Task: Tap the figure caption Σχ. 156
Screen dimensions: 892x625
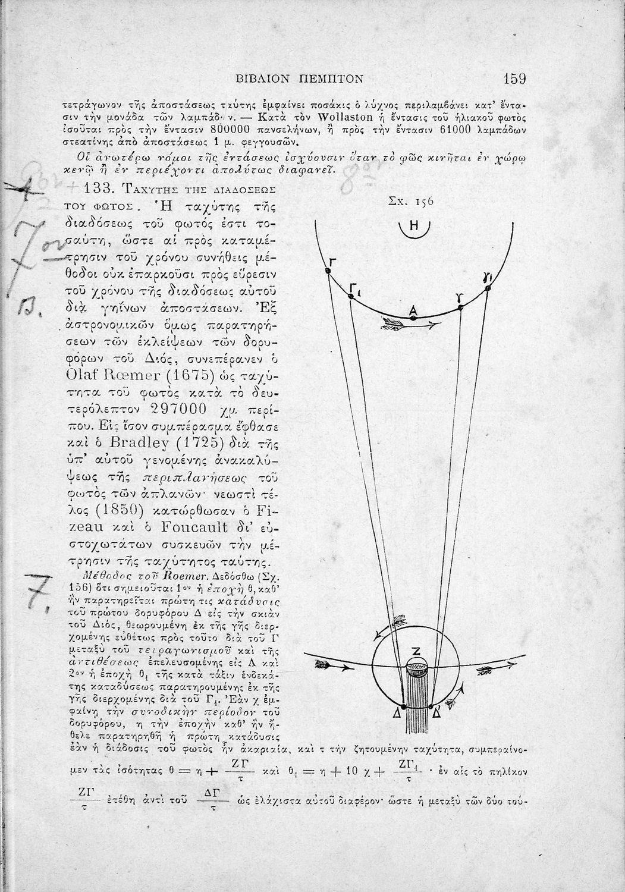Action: [410, 202]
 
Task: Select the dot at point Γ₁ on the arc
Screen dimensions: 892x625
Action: [350, 296]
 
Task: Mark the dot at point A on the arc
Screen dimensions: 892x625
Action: [414, 318]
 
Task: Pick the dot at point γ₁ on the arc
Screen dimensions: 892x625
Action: [488, 288]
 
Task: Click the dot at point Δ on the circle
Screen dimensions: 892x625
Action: [403, 706]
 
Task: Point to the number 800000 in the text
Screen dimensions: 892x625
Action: [224, 129]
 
